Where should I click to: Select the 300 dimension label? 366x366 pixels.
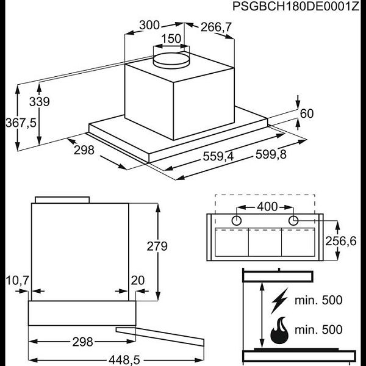(x=149, y=25)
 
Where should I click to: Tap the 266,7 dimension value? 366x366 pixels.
(x=216, y=26)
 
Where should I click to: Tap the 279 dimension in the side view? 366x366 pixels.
(x=157, y=246)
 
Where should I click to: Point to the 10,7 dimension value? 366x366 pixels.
(x=17, y=280)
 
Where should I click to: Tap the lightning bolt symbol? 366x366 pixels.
(x=280, y=301)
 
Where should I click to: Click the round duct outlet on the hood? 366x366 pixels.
(x=171, y=59)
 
